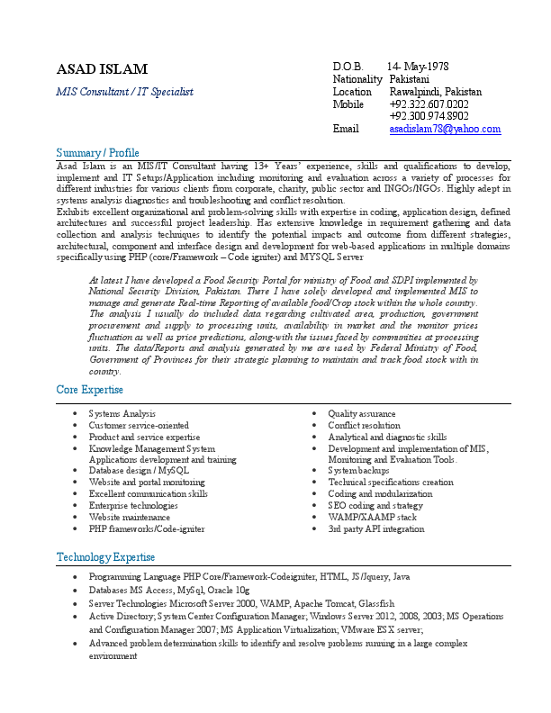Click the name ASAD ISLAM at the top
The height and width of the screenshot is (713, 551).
[x=102, y=69]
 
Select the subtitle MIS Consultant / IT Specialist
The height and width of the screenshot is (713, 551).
[x=124, y=92]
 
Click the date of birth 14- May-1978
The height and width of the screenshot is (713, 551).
[x=418, y=67]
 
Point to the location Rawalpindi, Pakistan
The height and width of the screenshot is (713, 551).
[x=435, y=92]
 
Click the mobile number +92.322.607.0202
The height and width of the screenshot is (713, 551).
[x=429, y=104]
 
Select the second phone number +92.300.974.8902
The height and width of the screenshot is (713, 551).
[x=429, y=116]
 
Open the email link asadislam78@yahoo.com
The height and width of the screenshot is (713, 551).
[x=445, y=130]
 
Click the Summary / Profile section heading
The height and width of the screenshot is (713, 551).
[x=97, y=152]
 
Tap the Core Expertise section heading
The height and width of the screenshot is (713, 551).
[x=91, y=389]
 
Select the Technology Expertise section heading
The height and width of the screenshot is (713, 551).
[x=105, y=557]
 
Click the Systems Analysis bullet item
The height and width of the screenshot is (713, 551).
[x=122, y=413]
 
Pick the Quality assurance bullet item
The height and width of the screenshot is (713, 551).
[x=361, y=413]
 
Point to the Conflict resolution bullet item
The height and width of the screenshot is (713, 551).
[x=364, y=425]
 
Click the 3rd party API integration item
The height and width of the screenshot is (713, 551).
[x=375, y=529]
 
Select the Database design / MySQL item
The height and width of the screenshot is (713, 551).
[x=139, y=471]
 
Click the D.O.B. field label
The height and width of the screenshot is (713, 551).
[x=348, y=67]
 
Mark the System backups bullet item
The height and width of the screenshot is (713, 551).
[x=358, y=471]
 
